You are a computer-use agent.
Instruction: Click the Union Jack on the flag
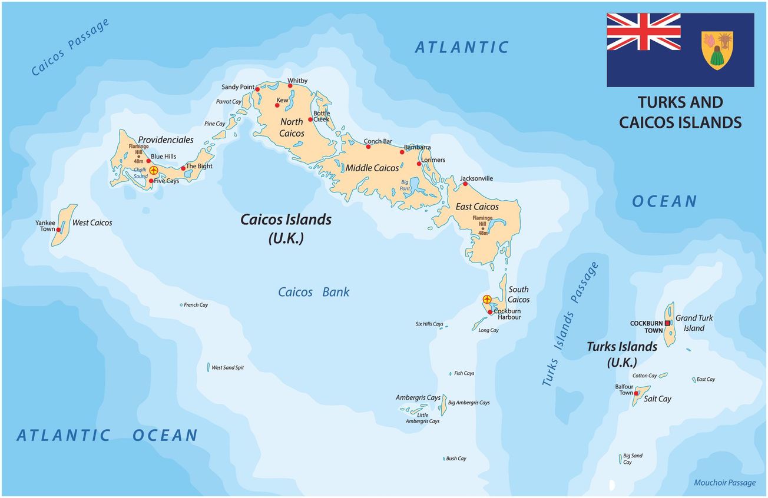(644, 32)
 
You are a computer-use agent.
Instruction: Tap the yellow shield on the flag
(717, 50)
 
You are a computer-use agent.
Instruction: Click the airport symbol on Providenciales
(154, 171)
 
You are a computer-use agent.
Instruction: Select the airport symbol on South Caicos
(487, 300)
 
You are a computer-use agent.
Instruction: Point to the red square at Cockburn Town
(667, 323)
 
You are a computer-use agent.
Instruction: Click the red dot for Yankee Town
(59, 230)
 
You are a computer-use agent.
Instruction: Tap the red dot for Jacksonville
(465, 184)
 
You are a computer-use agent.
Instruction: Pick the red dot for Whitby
(290, 86)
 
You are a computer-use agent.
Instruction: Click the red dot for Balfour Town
(637, 393)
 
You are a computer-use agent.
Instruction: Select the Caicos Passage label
(71, 47)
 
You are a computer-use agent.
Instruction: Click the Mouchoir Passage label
(724, 483)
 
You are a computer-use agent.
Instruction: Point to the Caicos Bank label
(313, 292)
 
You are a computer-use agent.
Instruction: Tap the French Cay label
(196, 305)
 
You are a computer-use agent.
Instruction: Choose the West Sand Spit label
(227, 368)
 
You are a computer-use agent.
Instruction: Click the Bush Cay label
(456, 459)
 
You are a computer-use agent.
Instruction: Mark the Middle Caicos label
(372, 168)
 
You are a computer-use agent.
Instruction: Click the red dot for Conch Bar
(368, 147)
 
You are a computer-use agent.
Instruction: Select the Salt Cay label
(657, 399)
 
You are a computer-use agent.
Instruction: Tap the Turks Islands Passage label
(570, 324)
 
